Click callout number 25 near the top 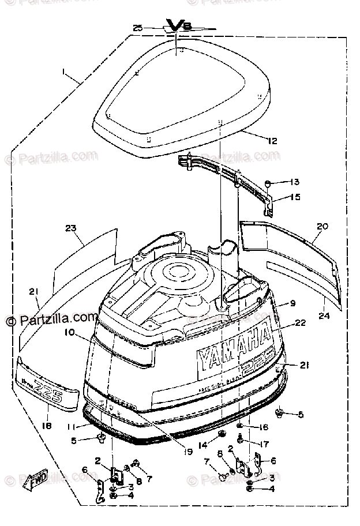click(137, 27)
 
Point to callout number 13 click(295, 182)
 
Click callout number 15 click(295, 197)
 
